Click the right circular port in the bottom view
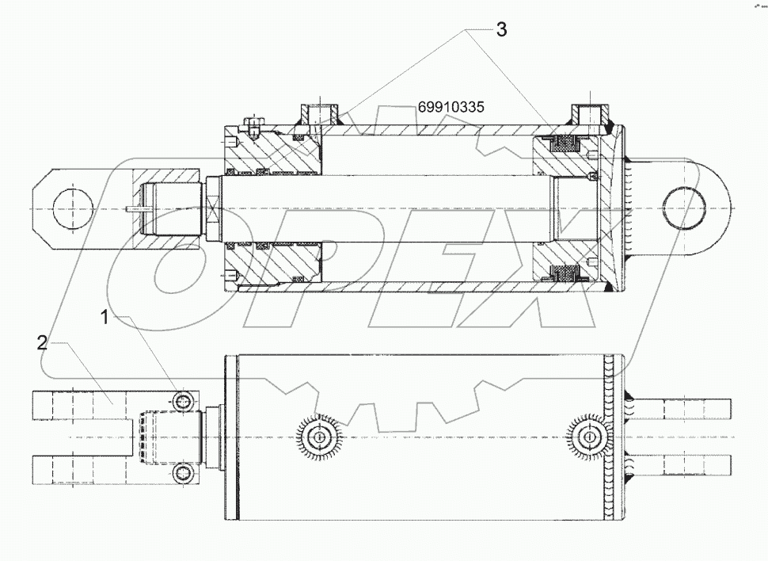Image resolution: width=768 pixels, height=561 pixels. click(x=588, y=435)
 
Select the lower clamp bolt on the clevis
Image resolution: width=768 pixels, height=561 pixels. click(x=184, y=474)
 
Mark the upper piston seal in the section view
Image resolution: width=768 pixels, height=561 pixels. click(x=565, y=144)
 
